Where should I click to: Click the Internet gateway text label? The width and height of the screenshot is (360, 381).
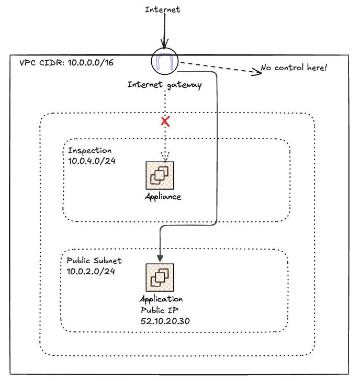coord(165,85)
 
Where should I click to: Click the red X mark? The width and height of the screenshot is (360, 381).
coord(165,122)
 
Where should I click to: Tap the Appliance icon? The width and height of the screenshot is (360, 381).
coord(160,175)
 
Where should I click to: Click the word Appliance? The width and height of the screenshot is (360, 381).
coord(163,197)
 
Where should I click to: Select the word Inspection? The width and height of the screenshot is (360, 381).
coord(89,150)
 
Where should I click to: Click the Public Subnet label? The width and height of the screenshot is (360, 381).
coord(94,260)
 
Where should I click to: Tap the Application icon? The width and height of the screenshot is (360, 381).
coord(160,277)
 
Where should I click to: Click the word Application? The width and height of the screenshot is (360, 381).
coord(161,299)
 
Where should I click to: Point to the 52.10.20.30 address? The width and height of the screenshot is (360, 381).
coord(165,320)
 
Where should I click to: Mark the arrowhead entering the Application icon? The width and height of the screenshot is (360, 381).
coord(160,257)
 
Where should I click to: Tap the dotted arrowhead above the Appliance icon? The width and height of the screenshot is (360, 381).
coord(165,158)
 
